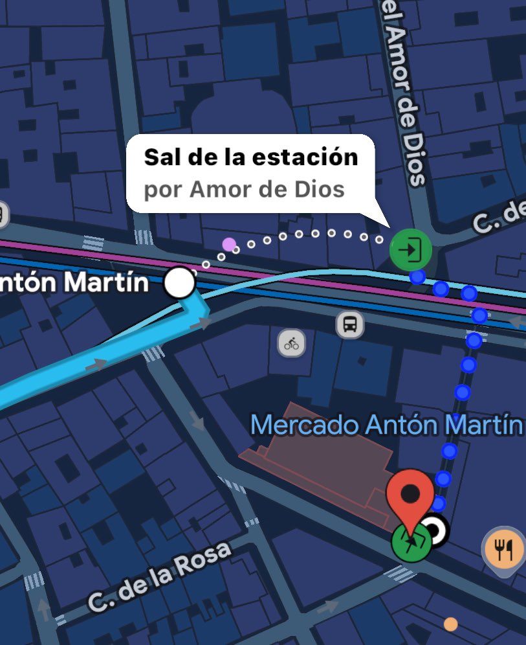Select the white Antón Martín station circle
click(179, 284)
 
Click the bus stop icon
click(350, 324)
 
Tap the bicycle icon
click(292, 343)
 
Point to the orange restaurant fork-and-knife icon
click(503, 550)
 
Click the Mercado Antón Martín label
click(386, 425)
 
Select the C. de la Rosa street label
click(159, 576)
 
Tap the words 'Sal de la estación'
click(250, 157)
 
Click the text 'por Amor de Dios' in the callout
click(244, 190)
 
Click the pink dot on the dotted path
click(228, 244)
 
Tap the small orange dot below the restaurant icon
click(450, 624)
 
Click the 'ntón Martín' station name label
click(74, 284)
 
